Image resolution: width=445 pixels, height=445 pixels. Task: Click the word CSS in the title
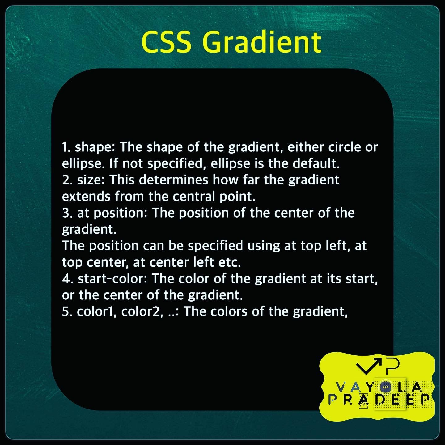click(167, 42)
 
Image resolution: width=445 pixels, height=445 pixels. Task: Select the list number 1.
click(66, 147)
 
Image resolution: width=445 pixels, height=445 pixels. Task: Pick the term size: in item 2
click(91, 180)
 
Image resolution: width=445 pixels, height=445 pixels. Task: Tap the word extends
click(86, 197)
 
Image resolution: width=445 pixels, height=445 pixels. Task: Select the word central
click(194, 196)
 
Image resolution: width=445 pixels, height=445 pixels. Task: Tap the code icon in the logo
click(385, 387)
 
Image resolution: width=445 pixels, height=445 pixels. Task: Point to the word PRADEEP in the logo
click(379, 400)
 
